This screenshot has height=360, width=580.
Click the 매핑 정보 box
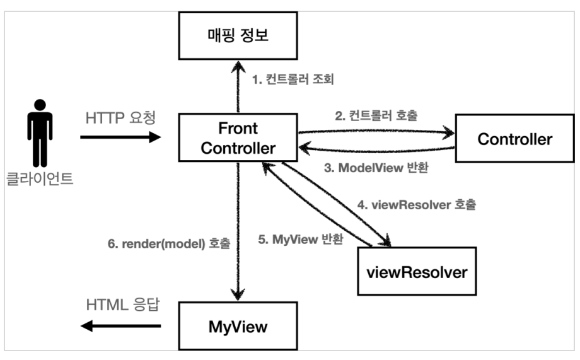(x=238, y=35)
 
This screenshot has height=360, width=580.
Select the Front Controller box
(x=238, y=137)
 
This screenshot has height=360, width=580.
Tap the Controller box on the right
(x=514, y=138)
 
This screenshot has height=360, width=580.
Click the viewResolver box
(x=417, y=271)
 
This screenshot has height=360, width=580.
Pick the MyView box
(x=238, y=326)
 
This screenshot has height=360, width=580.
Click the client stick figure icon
(x=40, y=133)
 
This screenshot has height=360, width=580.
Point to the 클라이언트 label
(x=40, y=178)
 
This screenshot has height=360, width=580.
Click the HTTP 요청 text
(x=120, y=118)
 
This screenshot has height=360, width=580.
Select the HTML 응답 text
(x=123, y=305)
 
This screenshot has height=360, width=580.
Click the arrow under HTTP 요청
(x=120, y=137)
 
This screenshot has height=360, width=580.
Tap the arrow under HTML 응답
(x=120, y=326)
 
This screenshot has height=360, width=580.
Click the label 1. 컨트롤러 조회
(x=293, y=79)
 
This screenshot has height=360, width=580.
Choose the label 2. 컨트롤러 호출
(x=376, y=116)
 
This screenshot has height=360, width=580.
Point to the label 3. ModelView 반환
(x=376, y=168)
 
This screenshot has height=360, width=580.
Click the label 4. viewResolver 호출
(x=417, y=205)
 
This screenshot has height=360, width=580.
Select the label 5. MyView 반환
(x=301, y=240)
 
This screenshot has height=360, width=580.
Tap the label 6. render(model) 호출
(x=169, y=243)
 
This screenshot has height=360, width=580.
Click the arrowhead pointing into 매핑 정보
(x=238, y=67)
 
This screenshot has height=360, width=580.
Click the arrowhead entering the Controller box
(x=448, y=132)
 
